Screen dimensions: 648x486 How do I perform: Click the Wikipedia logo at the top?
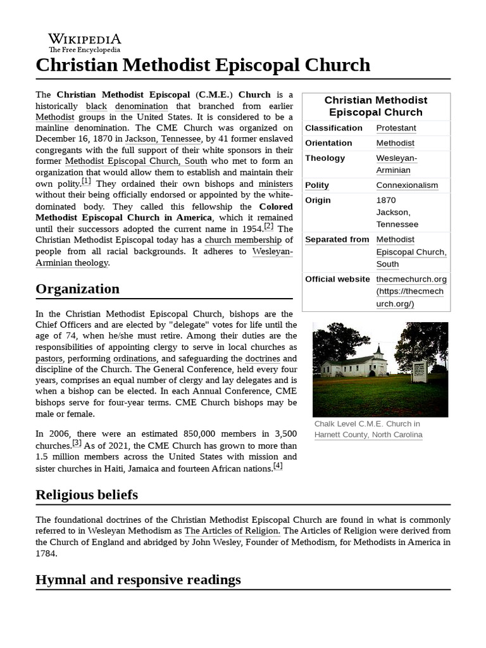pyautogui.click(x=85, y=42)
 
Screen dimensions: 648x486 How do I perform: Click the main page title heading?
pyautogui.click(x=202, y=65)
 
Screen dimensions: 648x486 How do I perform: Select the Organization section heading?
pyautogui.click(x=77, y=289)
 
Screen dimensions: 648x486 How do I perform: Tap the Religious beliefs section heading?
pyautogui.click(x=87, y=494)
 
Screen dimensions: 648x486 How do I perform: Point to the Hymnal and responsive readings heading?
pyautogui.click(x=138, y=580)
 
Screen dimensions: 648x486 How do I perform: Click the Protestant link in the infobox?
pyautogui.click(x=396, y=128)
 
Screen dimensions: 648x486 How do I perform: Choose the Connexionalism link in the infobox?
pyautogui.click(x=407, y=185)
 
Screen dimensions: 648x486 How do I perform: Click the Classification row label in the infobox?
pyautogui.click(x=333, y=128)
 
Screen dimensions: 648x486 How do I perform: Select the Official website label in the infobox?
pyautogui.click(x=337, y=279)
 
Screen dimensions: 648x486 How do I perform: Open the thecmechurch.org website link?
pyautogui.click(x=411, y=279)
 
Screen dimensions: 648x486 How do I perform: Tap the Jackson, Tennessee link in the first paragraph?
pyautogui.click(x=161, y=139)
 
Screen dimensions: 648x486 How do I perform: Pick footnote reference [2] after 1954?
pyautogui.click(x=269, y=226)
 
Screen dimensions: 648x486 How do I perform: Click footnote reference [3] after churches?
pyautogui.click(x=77, y=443)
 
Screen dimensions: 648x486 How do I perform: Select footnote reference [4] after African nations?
pyautogui.click(x=277, y=466)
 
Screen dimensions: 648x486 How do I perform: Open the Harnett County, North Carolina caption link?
pyautogui.click(x=368, y=435)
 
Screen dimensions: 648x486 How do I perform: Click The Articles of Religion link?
pyautogui.click(x=232, y=531)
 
